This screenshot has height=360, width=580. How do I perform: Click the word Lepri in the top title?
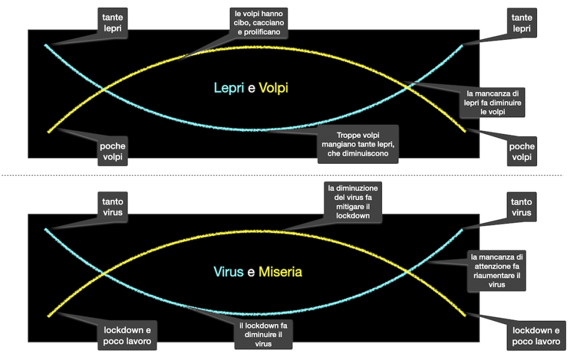229,88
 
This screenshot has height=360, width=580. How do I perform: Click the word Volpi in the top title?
273,88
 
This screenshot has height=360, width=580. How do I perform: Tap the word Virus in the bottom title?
229,272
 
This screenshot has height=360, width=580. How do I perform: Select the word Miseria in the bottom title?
280,272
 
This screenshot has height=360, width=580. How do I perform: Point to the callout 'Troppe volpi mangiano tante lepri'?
357,144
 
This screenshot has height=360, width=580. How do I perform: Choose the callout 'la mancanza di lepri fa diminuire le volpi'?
491,102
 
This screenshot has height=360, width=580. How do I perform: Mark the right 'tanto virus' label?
521,207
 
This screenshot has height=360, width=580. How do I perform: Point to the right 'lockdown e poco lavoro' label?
535,336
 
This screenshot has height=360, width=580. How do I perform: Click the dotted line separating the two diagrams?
283,175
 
